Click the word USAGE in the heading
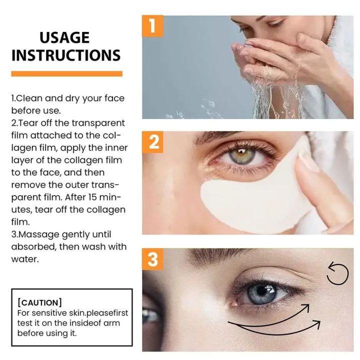[64, 37]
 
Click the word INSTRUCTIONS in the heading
[66, 55]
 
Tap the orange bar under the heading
[66, 73]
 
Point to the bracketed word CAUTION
[39, 302]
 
